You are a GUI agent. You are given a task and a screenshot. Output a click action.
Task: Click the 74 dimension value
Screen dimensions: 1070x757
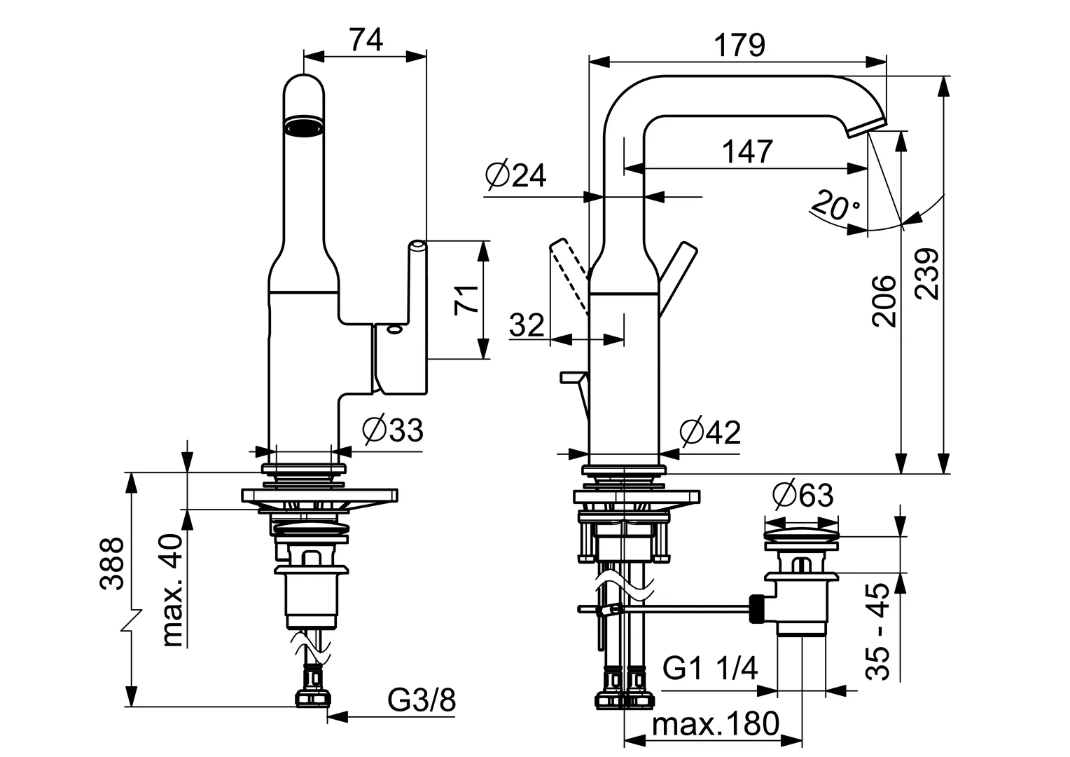(x=366, y=40)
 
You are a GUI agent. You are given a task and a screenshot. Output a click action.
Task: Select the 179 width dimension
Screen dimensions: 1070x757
(x=739, y=46)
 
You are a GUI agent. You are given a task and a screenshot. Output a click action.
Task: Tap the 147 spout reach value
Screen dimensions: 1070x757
(x=747, y=151)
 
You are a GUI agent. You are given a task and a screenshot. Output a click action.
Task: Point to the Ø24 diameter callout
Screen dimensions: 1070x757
(x=516, y=175)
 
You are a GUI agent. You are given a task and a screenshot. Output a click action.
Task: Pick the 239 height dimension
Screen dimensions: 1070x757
(x=927, y=273)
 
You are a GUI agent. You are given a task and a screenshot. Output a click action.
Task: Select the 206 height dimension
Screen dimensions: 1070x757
(x=884, y=301)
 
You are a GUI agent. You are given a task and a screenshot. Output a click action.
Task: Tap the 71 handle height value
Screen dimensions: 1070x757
(x=466, y=300)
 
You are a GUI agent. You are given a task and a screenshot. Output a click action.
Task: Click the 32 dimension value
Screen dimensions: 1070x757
(x=527, y=325)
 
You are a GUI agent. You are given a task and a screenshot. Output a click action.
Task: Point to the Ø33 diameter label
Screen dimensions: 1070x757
(x=393, y=430)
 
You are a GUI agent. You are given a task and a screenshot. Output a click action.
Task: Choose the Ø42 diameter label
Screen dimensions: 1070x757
(x=710, y=432)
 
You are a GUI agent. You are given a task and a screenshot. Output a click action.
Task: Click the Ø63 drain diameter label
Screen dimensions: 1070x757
(x=802, y=495)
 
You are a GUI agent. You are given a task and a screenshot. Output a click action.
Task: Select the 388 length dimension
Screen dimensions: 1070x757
(x=112, y=564)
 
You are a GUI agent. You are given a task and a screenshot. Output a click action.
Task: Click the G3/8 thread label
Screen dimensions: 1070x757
(x=422, y=700)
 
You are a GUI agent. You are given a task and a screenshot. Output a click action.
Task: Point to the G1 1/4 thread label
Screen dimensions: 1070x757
(x=710, y=668)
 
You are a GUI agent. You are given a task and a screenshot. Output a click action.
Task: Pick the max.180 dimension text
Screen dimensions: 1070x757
(x=715, y=723)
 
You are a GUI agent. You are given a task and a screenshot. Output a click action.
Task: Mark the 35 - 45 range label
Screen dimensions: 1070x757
(x=877, y=632)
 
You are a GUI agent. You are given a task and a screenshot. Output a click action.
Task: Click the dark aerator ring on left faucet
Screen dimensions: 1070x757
(x=304, y=126)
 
